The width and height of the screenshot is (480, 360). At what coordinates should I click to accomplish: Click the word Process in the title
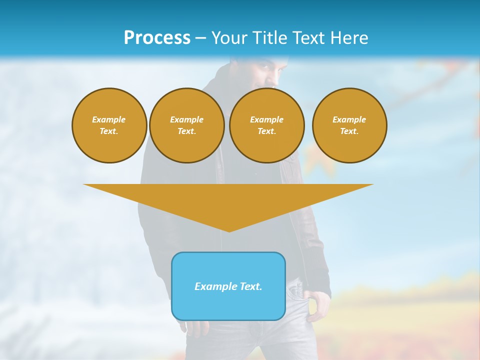[157, 38]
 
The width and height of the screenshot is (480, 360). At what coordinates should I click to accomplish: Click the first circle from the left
[109, 125]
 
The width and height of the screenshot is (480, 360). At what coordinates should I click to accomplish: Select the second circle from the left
[187, 125]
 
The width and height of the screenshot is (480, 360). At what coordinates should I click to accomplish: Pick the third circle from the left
[267, 125]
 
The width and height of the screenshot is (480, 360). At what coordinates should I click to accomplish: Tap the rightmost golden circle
[349, 125]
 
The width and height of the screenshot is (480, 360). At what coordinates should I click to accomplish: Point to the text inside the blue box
[228, 286]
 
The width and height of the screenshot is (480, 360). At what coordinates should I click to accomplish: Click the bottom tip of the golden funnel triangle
[229, 230]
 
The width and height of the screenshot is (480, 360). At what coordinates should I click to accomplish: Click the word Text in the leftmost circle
[109, 131]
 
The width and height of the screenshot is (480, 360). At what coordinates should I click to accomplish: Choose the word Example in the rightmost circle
[349, 119]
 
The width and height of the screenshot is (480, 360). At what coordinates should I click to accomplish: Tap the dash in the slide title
[201, 38]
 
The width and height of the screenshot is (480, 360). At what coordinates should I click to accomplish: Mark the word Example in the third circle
[267, 119]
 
